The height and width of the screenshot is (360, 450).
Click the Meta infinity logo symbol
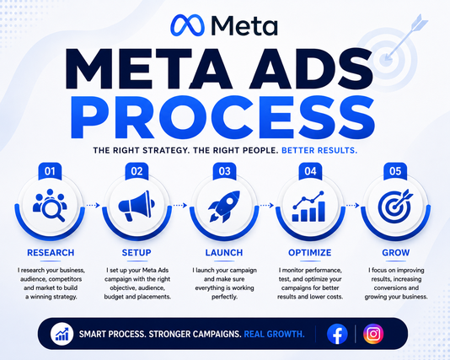pos(187,25)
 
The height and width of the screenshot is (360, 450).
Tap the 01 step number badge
pos(50,171)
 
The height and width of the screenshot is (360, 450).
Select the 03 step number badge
pos(224,171)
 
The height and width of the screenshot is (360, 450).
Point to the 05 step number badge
pos(395,171)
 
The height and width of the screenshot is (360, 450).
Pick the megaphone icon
pos(137,206)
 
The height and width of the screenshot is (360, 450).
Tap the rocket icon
pos(224,206)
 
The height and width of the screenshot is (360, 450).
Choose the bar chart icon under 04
pos(308,207)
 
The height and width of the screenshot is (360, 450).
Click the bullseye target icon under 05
pos(395,206)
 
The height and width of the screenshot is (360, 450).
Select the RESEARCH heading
pos(51,253)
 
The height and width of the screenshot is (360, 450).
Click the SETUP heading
pos(137,253)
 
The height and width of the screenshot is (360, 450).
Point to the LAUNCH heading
pos(224,253)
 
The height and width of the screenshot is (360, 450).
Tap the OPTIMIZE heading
pos(310,253)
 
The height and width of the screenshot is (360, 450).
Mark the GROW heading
pos(396,253)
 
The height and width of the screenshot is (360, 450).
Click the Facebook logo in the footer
pos(337,334)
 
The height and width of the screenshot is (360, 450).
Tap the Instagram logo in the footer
pos(373,334)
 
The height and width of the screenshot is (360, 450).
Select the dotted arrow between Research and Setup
pos(93,205)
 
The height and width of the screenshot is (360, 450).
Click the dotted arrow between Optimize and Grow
pos(353,205)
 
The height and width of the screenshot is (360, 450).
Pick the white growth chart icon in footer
pos(62,334)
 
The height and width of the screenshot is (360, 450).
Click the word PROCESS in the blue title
pos(223,117)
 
